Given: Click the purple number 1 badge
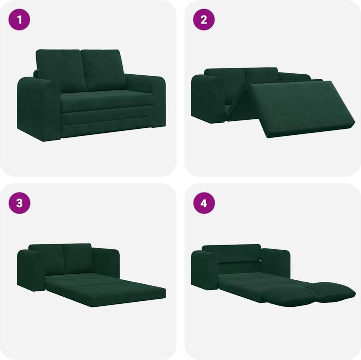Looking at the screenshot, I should point(20,20).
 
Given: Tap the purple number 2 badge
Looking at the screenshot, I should point(204,20).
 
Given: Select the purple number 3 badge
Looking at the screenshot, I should point(20,203).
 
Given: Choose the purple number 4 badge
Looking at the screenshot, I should point(204,203).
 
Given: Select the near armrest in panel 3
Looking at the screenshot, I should point(31,273).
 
